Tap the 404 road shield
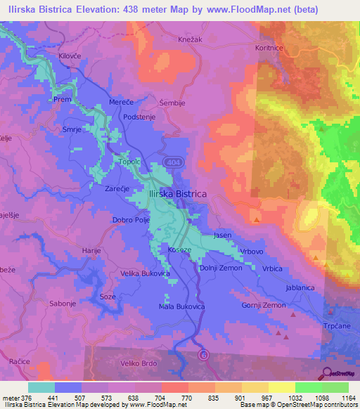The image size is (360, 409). coord(172,162)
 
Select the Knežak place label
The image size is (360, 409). coord(191,39)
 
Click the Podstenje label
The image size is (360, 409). coord(139,117)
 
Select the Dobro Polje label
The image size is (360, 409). coord(132,220)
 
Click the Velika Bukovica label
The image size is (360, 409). coord(145,273)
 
